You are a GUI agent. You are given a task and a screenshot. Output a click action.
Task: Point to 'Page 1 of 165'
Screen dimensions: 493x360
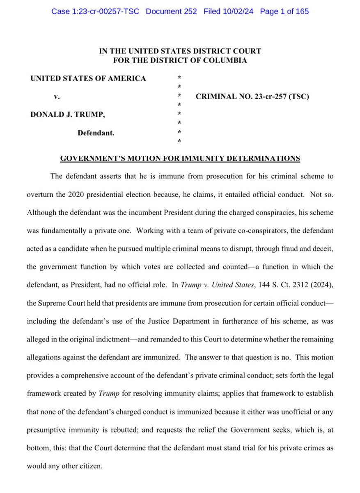(284, 11)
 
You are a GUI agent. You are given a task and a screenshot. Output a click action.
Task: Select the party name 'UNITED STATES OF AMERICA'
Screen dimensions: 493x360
(88, 78)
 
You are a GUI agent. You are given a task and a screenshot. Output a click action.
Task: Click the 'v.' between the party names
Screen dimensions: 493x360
(57, 97)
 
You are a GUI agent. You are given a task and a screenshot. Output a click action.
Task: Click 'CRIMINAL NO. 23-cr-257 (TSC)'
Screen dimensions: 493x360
(252, 97)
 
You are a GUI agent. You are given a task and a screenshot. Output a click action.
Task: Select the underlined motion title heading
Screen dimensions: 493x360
(180, 158)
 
